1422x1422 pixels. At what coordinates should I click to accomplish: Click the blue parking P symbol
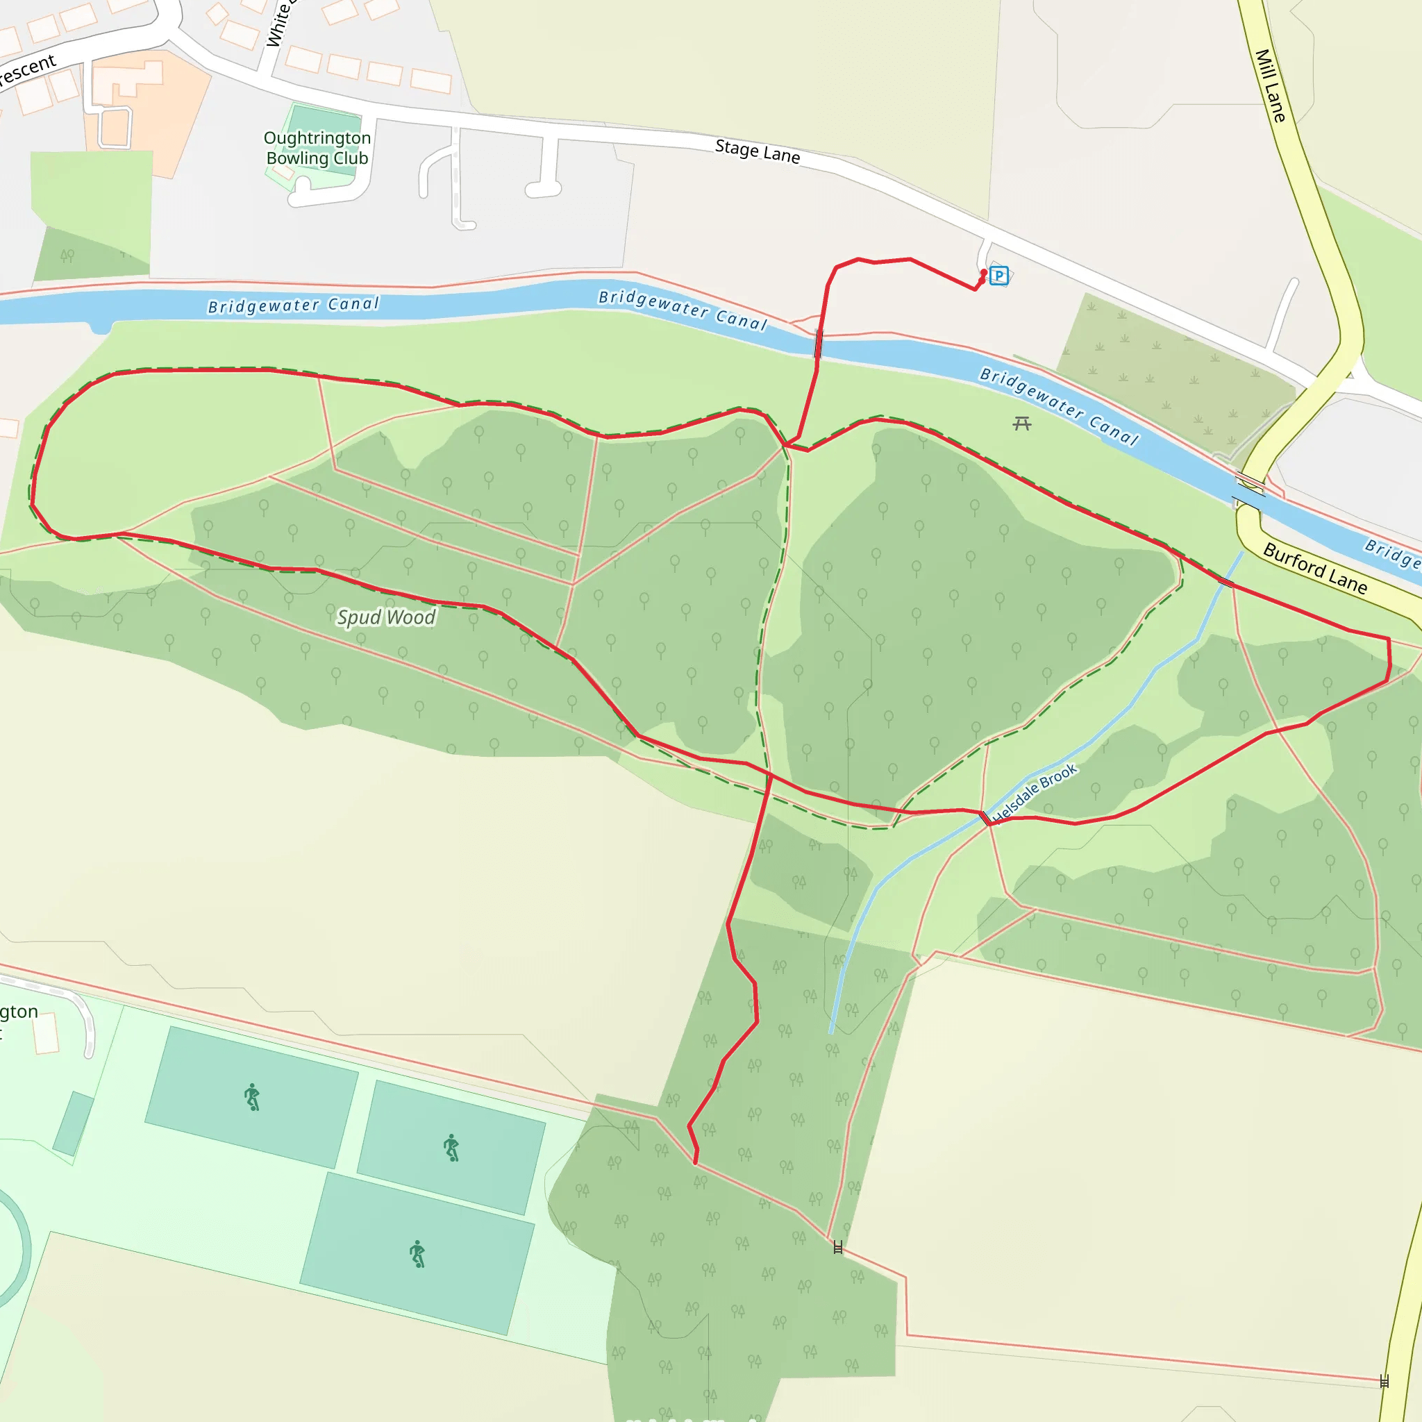pos(998,276)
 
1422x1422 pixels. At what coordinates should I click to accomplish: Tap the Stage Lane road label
pos(758,151)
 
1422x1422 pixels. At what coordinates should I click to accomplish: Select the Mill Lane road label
pos(1271,85)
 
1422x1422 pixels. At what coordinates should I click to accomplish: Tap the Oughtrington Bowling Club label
pos(317,148)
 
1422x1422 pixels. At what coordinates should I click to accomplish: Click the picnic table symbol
pos(1021,424)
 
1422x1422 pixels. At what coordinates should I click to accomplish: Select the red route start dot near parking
pos(984,273)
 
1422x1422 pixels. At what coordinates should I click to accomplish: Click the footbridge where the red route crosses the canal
pos(819,344)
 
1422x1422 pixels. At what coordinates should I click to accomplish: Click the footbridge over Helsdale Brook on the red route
pos(985,818)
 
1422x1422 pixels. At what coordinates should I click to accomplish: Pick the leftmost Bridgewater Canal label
pos(293,306)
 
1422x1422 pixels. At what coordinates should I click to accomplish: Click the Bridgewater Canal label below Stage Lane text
pos(683,309)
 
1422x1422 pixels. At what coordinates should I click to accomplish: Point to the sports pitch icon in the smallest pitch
pos(451,1148)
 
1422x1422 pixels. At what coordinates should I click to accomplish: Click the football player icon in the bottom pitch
pos(417,1254)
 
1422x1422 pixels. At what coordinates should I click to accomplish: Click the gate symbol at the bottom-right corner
pos(1385,1382)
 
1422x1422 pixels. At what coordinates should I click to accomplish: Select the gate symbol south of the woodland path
pos(837,1248)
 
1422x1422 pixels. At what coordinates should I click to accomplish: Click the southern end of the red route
pos(696,1164)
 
